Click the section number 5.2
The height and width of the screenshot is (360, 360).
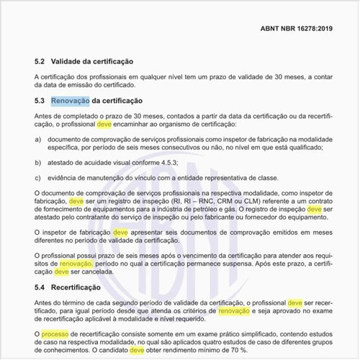click(x=41, y=63)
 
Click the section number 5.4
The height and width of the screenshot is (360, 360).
click(x=41, y=287)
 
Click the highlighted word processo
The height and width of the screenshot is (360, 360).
click(x=53, y=333)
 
